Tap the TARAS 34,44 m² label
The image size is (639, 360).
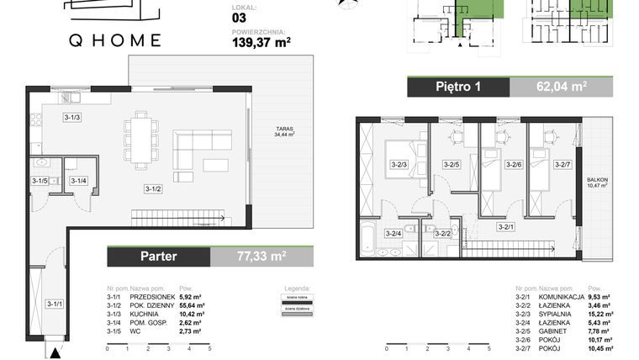coord(283,132)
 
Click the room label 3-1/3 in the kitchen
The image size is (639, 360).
coord(71,117)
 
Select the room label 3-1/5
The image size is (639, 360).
coord(40,180)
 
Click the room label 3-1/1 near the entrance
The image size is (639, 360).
coord(54,304)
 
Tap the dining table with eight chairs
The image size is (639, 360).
coord(140,140)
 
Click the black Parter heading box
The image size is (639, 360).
coord(157,256)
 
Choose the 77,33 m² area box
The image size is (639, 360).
coord(261,256)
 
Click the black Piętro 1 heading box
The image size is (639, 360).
coord(458,87)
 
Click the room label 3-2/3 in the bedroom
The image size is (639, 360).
coord(399,164)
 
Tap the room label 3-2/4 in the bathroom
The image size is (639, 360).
coord(393,233)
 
